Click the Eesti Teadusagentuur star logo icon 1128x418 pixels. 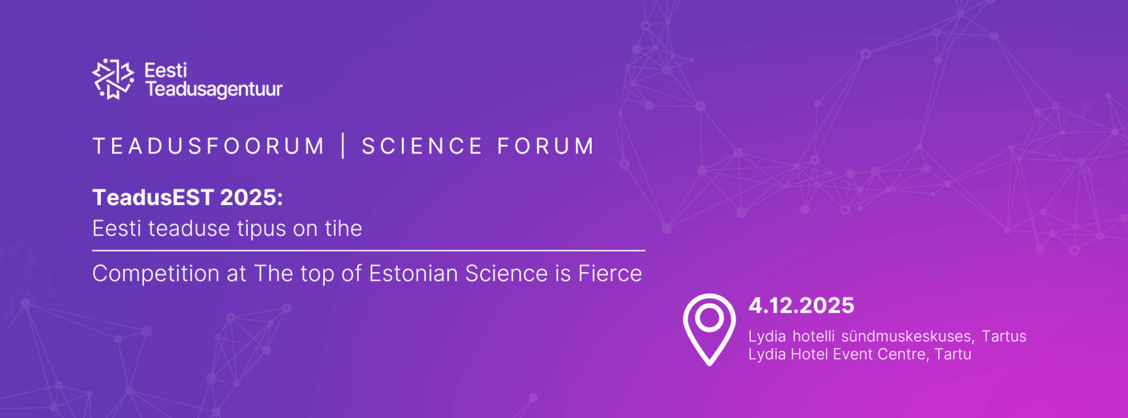coord(113,79)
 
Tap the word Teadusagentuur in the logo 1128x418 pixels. coord(214,89)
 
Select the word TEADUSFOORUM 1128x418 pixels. coord(209,146)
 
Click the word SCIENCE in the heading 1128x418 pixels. coord(422,146)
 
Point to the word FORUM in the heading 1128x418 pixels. coord(546,146)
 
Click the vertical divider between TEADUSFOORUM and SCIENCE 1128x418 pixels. coord(344,146)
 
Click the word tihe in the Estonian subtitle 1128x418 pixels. coord(344,228)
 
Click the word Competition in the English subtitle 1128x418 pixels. coord(157,274)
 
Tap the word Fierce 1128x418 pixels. coord(610,273)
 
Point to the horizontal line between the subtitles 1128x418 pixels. coord(368,250)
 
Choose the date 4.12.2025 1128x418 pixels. coord(801,306)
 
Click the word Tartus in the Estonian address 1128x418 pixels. coord(1004,336)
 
